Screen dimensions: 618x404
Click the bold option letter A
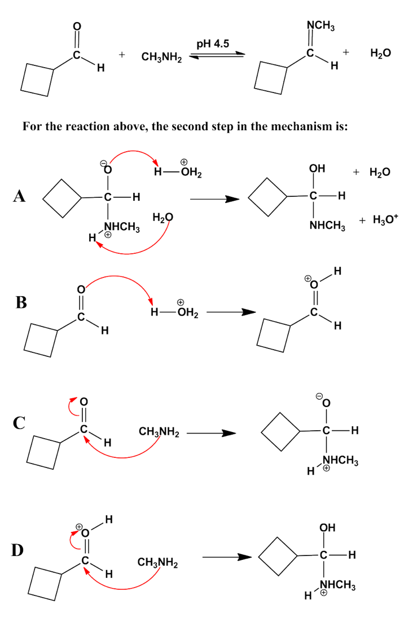point(21,196)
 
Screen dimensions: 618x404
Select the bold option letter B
point(21,302)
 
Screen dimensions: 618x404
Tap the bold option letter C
point(21,422)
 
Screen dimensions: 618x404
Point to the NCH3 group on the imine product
point(321,25)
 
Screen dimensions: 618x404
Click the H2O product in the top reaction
point(380,53)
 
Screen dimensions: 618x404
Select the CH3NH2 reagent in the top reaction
point(161,57)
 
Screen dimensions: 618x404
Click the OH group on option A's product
point(317,168)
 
